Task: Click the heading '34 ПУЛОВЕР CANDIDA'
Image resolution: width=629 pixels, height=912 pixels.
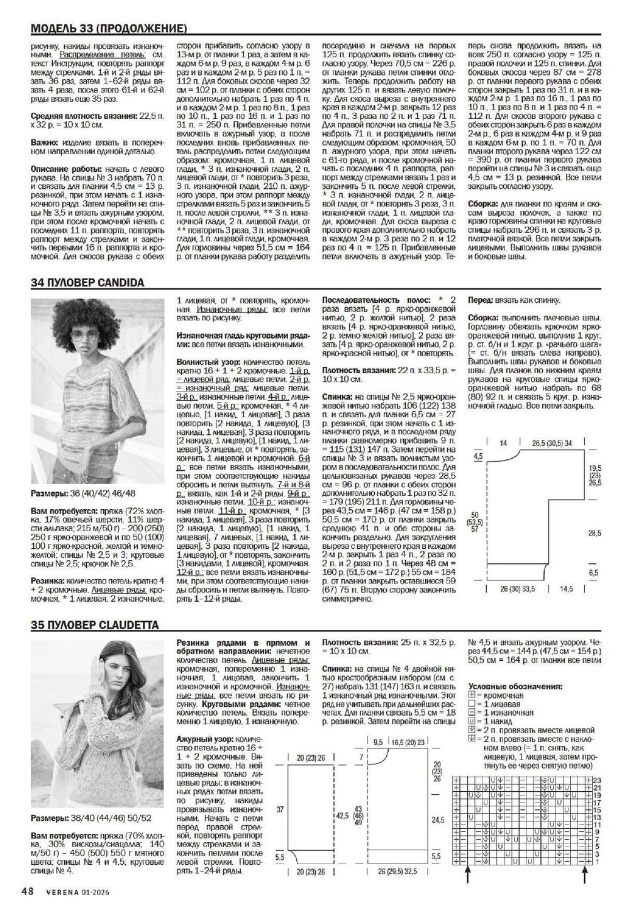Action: [87, 283]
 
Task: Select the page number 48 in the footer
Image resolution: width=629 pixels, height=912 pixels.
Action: [27, 891]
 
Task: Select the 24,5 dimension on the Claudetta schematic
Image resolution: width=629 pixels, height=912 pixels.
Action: [437, 820]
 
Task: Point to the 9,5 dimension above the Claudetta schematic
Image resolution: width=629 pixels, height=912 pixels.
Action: [378, 743]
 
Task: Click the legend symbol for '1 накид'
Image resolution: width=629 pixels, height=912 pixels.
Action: [472, 721]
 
